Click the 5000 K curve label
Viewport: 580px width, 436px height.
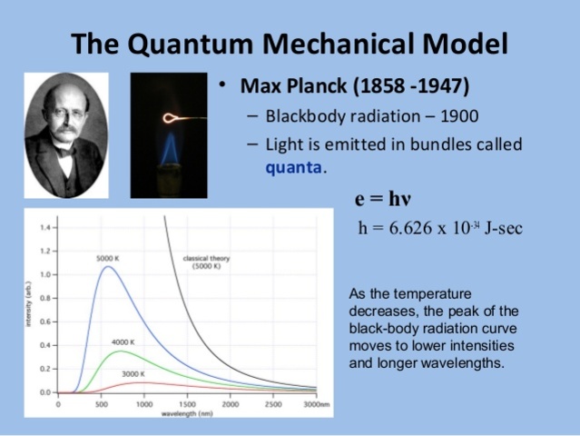click(x=108, y=259)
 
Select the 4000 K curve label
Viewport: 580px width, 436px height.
click(x=123, y=342)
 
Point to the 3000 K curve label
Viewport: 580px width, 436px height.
click(x=133, y=373)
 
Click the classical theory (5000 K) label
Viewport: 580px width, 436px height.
click(x=206, y=263)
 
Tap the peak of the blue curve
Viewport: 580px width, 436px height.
click(x=107, y=267)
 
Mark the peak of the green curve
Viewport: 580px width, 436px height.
click(x=120, y=351)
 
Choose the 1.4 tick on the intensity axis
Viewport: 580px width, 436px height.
click(x=43, y=226)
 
